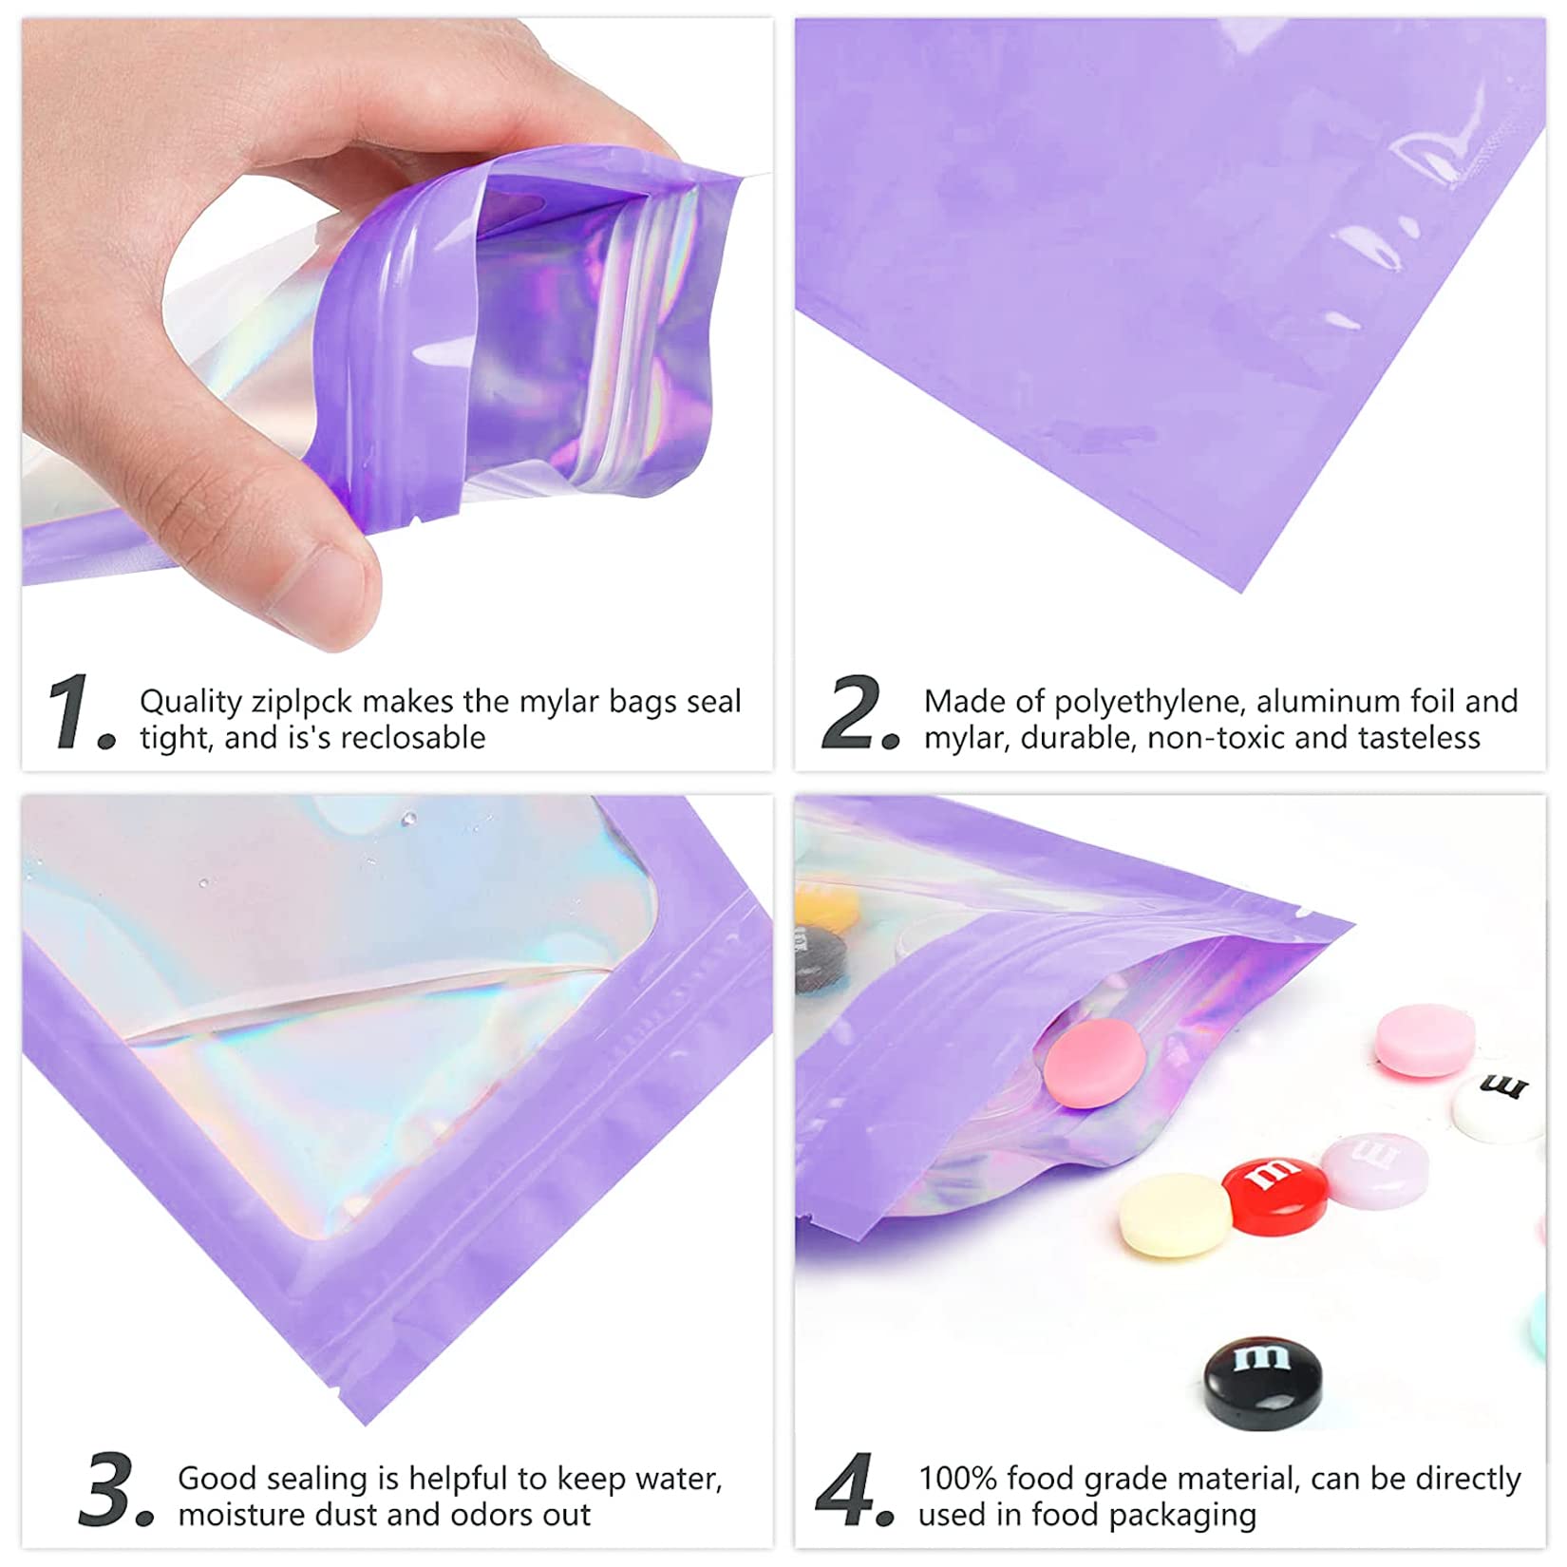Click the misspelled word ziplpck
click(301, 702)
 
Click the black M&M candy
click(1262, 1381)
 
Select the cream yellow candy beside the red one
click(1175, 1215)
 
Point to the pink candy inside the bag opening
click(1093, 1065)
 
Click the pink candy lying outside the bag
click(1425, 1041)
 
